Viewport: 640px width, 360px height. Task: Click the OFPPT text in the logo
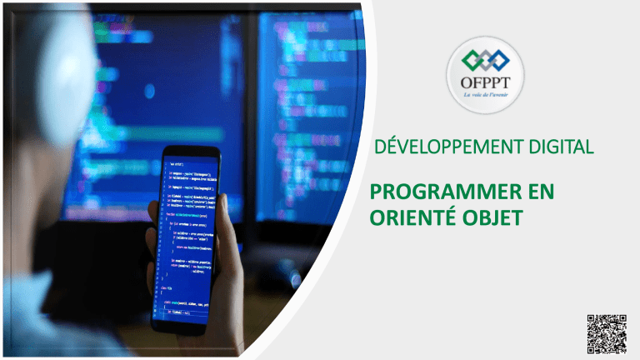tap(486, 84)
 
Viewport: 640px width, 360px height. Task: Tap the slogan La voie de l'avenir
tap(486, 96)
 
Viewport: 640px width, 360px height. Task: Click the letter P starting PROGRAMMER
tap(374, 196)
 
